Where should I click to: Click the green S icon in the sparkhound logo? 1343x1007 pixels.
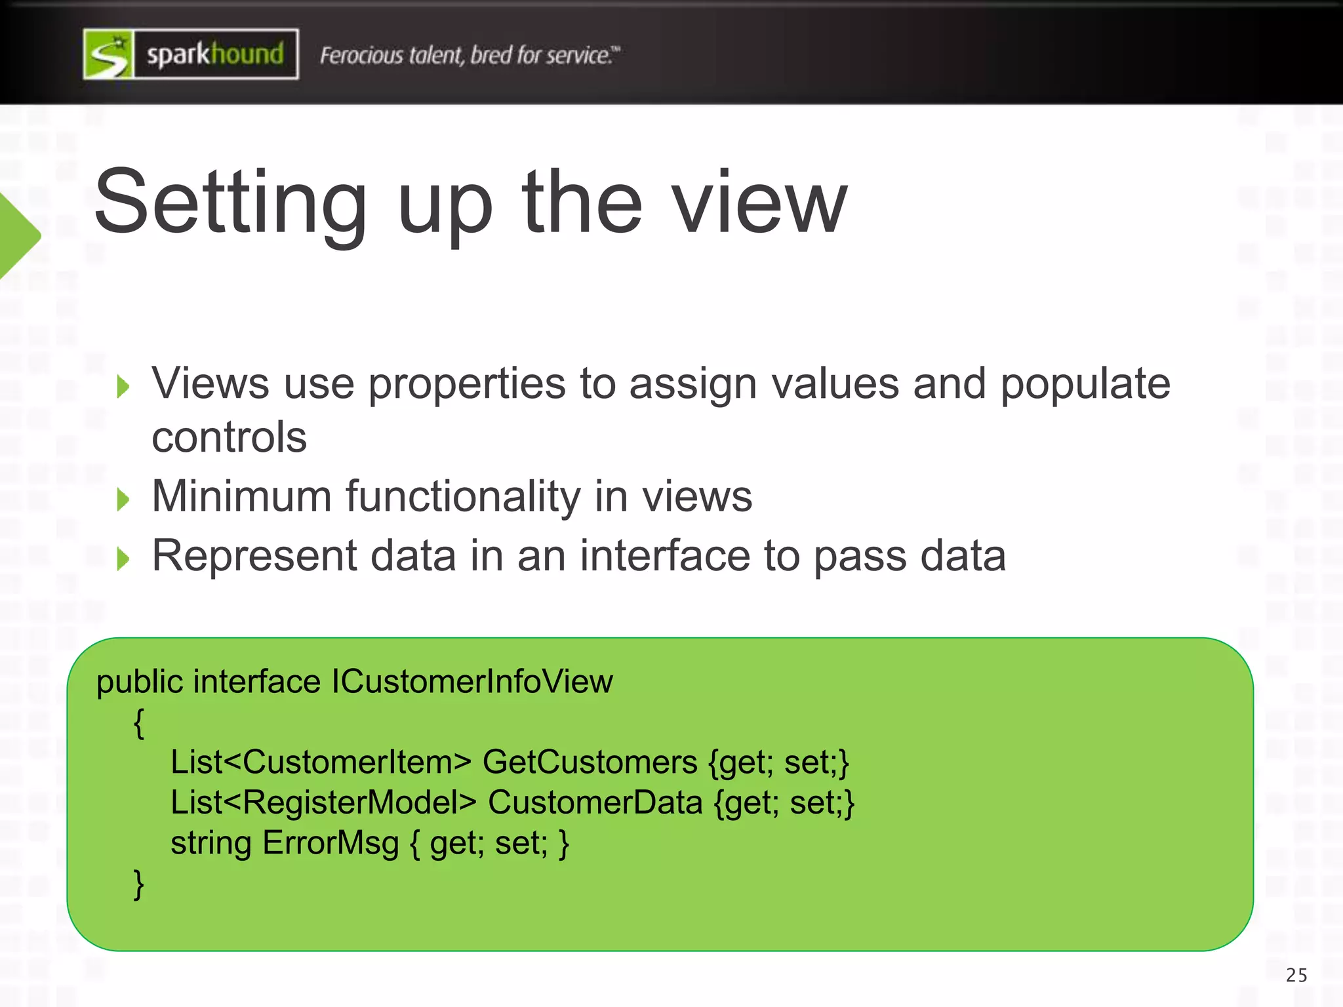tap(109, 54)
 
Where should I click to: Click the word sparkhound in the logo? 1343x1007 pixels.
tap(215, 54)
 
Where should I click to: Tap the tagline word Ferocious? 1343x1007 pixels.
tap(361, 56)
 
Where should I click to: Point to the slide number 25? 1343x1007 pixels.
tap(1296, 976)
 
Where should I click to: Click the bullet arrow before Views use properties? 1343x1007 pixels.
tap(123, 387)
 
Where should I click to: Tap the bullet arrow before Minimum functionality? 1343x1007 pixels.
tap(123, 500)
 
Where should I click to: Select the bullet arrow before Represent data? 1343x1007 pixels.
tap(123, 559)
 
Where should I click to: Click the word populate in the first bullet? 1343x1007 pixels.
tap(1085, 385)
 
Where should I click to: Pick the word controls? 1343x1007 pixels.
tap(229, 437)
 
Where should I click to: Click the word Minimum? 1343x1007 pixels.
tap(241, 496)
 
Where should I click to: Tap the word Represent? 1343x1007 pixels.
tap(254, 556)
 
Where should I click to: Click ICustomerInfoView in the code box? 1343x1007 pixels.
tap(472, 682)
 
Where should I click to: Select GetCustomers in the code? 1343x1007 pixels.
tap(590, 762)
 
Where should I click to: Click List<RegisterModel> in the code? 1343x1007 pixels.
tap(323, 803)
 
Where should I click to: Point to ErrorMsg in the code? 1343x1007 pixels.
tap(331, 844)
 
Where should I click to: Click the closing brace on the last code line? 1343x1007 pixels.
tap(138, 884)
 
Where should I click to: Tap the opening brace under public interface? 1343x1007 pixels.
tap(138, 723)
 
